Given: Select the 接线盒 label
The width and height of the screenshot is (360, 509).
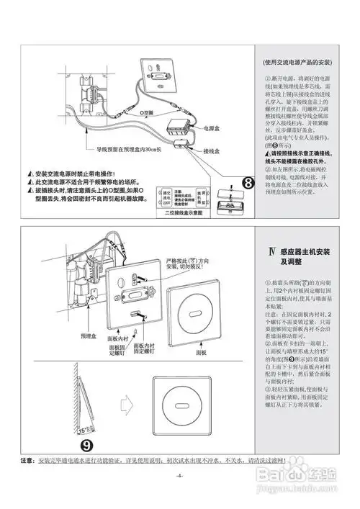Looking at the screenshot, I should coord(211,152).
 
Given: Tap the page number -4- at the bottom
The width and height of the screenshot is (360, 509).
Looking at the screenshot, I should coord(179,476).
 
